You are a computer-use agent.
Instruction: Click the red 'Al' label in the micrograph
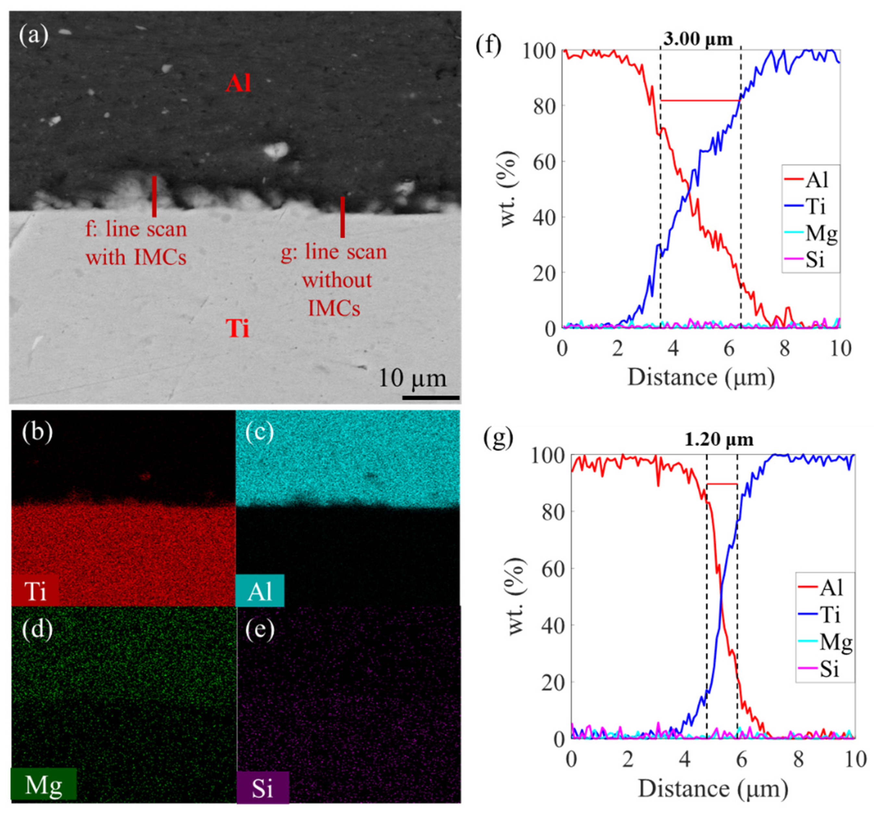(x=238, y=83)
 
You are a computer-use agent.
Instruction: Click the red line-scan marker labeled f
(x=154, y=196)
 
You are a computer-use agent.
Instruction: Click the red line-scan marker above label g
(x=342, y=217)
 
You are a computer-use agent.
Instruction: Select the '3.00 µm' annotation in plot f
(x=698, y=40)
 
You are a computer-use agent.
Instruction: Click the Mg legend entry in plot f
(x=811, y=233)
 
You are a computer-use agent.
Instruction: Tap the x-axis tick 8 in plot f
(x=785, y=348)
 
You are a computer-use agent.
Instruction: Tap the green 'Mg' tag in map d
(x=43, y=785)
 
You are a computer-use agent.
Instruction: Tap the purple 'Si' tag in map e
(x=263, y=788)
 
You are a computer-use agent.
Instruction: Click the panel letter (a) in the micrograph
(x=33, y=35)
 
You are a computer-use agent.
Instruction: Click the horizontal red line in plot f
(x=700, y=101)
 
